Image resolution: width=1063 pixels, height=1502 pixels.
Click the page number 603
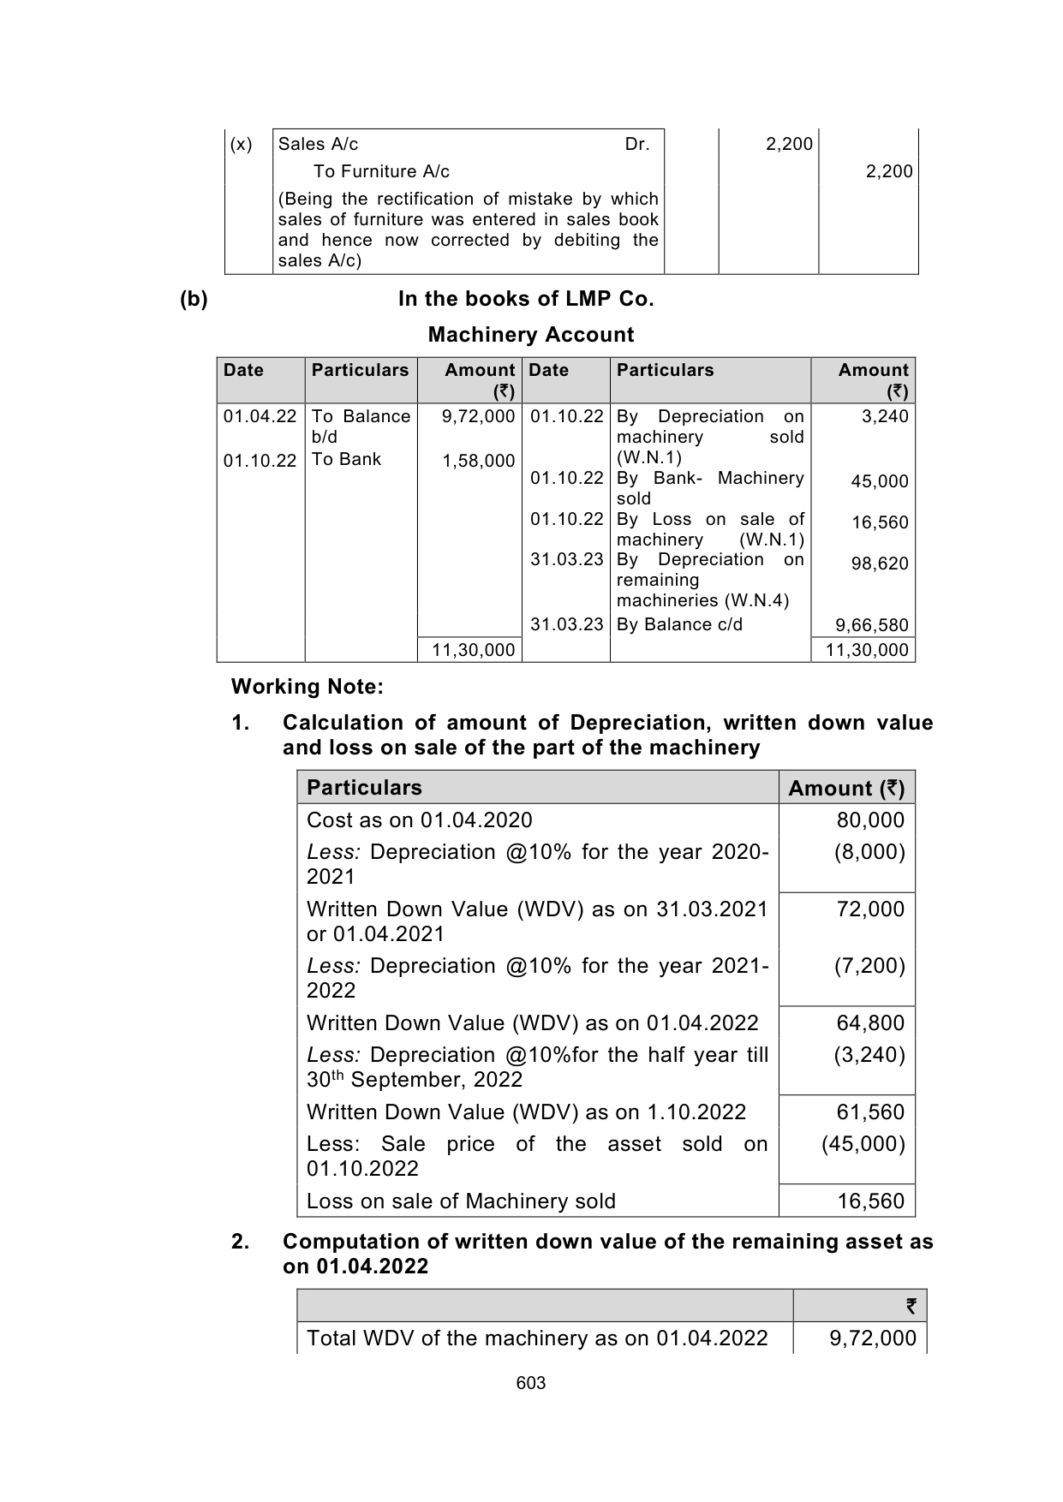531,1383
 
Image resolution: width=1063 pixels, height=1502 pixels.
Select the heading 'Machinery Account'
530,335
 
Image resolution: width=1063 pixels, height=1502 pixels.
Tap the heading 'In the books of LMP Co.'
526,299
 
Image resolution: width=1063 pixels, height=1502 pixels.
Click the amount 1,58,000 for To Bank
478,462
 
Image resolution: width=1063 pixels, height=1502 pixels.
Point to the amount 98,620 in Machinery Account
880,563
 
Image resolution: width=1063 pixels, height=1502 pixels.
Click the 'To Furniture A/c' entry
381,171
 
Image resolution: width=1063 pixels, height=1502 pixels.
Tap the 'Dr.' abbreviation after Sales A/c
637,144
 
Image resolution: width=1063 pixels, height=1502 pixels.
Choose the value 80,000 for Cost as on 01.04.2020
870,820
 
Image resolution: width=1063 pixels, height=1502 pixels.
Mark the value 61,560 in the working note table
870,1112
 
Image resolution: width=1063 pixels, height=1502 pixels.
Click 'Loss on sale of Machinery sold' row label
461,1201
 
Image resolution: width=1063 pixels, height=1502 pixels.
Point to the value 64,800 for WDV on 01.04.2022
870,1023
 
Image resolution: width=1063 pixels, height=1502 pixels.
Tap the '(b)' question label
194,299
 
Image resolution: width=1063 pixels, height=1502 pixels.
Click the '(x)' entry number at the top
242,144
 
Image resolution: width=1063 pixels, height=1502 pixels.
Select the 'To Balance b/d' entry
361,426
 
